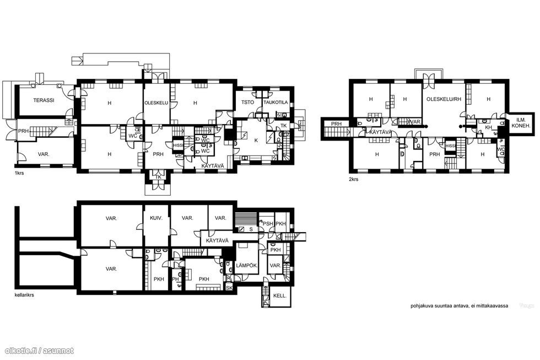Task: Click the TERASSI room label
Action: pyautogui.click(x=44, y=101)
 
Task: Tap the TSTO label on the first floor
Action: pyautogui.click(x=246, y=103)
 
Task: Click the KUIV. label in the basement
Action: pyautogui.click(x=156, y=218)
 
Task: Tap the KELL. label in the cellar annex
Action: pyautogui.click(x=280, y=296)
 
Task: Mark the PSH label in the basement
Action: pyautogui.click(x=267, y=223)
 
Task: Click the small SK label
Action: pyautogui.click(x=229, y=288)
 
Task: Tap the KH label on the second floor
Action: pyautogui.click(x=488, y=127)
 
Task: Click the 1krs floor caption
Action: pyautogui.click(x=19, y=173)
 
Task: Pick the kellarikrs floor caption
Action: pyautogui.click(x=24, y=295)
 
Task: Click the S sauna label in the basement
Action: pyautogui.click(x=251, y=228)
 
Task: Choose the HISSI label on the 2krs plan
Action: pyautogui.click(x=450, y=146)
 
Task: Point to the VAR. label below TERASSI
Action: pyautogui.click(x=44, y=154)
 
